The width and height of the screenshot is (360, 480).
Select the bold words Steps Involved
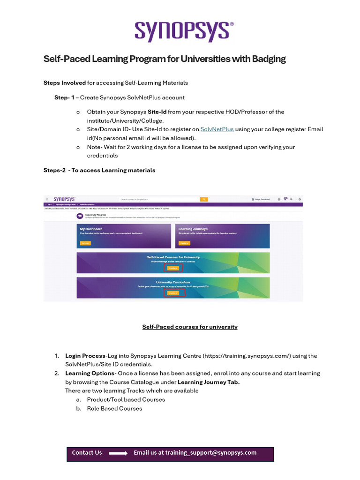pos(65,83)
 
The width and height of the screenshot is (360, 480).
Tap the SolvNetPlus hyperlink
pos(217,129)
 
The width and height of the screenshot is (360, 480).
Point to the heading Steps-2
pos(54,170)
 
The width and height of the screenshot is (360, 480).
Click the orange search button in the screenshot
pos(204,199)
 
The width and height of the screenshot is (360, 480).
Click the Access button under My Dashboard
pos(85,243)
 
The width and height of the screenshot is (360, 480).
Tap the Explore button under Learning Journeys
pos(184,243)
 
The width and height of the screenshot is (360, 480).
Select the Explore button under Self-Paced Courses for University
pos(173,268)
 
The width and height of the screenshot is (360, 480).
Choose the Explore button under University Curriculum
pos(173,292)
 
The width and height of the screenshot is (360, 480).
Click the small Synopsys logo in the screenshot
pos(64,199)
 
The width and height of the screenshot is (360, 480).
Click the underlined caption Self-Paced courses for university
pos(190,327)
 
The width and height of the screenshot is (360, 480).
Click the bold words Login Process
pos(85,356)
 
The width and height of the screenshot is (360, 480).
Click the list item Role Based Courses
pos(114,408)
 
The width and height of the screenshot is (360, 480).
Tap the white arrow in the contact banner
pos(118,453)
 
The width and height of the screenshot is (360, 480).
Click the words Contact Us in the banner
pos(87,453)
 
